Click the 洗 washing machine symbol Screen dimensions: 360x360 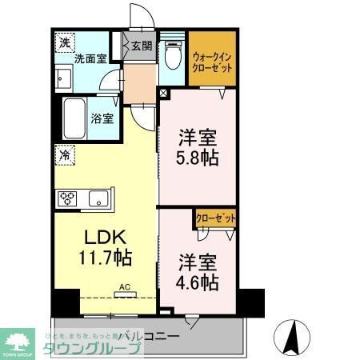[63, 42]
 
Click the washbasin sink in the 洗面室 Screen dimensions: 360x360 [64, 78]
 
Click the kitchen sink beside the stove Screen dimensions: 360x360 [98, 198]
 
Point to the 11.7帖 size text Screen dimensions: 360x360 [106, 258]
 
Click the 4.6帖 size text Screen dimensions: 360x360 [198, 282]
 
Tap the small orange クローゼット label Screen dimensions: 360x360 [215, 216]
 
